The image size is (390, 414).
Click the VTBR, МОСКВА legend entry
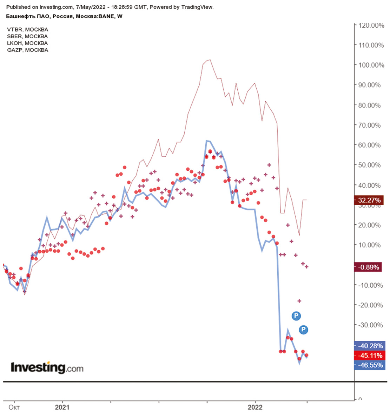tap(27, 29)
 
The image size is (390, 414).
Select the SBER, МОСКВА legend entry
tap(27, 36)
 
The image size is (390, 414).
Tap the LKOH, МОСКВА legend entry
tap(27, 43)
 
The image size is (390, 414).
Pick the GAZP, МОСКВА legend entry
tap(28, 50)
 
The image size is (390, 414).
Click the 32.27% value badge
tap(369, 200)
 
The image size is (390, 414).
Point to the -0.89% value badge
tap(369, 267)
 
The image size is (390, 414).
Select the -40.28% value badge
tap(370, 346)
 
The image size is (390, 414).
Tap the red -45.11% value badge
tap(370, 355)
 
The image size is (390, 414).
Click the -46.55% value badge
tap(370, 365)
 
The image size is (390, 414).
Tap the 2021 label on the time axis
tap(62, 407)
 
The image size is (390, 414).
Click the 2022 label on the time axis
tap(255, 407)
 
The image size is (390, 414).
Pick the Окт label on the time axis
tap(14, 407)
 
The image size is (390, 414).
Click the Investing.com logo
tap(47, 368)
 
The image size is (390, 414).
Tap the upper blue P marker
tap(296, 316)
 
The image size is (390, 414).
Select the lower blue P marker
tap(303, 330)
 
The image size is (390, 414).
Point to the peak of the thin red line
tap(210, 60)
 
